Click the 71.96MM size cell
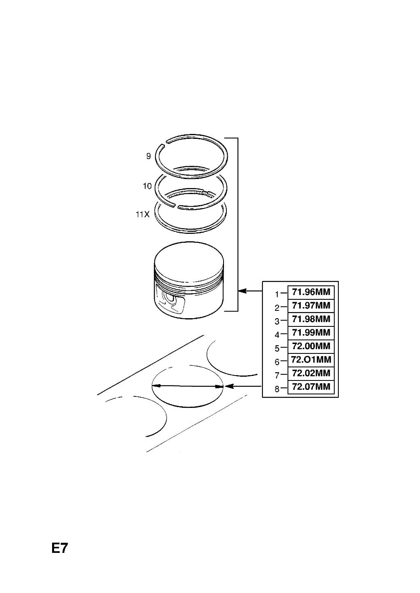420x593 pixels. coord(311,292)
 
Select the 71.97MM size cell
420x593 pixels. coord(311,306)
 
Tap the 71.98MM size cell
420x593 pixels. coord(311,319)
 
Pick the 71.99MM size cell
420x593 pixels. coord(311,333)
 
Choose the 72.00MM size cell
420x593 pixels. coord(311,346)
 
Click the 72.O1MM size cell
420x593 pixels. coord(311,360)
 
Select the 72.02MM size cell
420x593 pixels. coord(311,373)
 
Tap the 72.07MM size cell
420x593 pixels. coord(311,387)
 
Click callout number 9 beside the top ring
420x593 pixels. coord(148,156)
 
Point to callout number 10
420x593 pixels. coord(147,186)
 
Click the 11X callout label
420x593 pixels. coord(143,214)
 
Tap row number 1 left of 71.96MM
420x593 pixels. coord(277,294)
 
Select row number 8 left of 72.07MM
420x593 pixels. coord(277,389)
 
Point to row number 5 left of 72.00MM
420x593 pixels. coord(277,349)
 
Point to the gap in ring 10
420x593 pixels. coord(176,206)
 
